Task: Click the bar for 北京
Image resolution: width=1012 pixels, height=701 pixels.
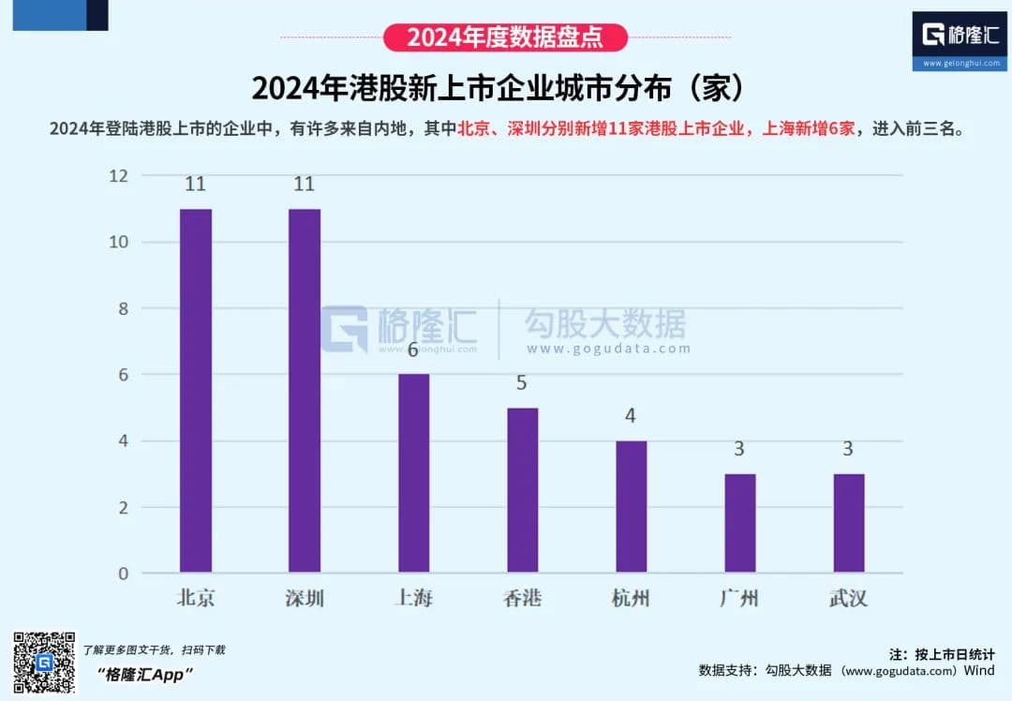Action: point(196,390)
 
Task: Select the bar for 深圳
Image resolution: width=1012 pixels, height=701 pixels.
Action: point(305,390)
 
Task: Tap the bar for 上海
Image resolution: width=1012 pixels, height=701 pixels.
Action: point(413,473)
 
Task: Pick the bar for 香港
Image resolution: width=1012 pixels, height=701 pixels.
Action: point(523,490)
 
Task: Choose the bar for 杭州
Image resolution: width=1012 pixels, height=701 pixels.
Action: point(631,506)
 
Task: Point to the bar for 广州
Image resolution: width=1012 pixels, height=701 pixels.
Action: point(739,523)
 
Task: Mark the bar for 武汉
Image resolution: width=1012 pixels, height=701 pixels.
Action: point(848,523)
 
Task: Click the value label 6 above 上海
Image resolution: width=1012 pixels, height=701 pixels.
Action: point(413,350)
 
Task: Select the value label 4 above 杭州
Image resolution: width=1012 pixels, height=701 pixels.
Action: point(631,416)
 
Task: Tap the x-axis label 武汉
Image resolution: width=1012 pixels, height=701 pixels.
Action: point(848,598)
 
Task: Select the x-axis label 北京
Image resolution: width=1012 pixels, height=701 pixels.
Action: point(196,598)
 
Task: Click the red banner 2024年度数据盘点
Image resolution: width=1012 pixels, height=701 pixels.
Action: point(505,37)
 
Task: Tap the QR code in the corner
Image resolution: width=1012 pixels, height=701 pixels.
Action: point(43,663)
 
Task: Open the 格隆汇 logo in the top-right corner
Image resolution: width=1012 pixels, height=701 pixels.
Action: point(961,41)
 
